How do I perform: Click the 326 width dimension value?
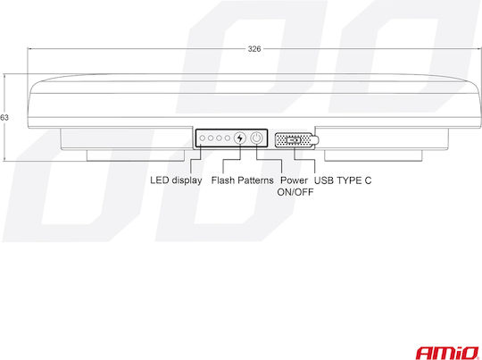[x=254, y=49]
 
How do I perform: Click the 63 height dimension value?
[x=4, y=118]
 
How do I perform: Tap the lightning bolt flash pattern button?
[x=240, y=138]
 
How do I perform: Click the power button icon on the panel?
[x=256, y=138]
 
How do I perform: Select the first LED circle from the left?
[x=203, y=138]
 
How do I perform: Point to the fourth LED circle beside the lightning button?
[x=228, y=138]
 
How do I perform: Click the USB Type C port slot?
[x=294, y=140]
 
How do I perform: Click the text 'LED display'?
[x=176, y=180]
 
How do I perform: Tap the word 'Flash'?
[x=222, y=180]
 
